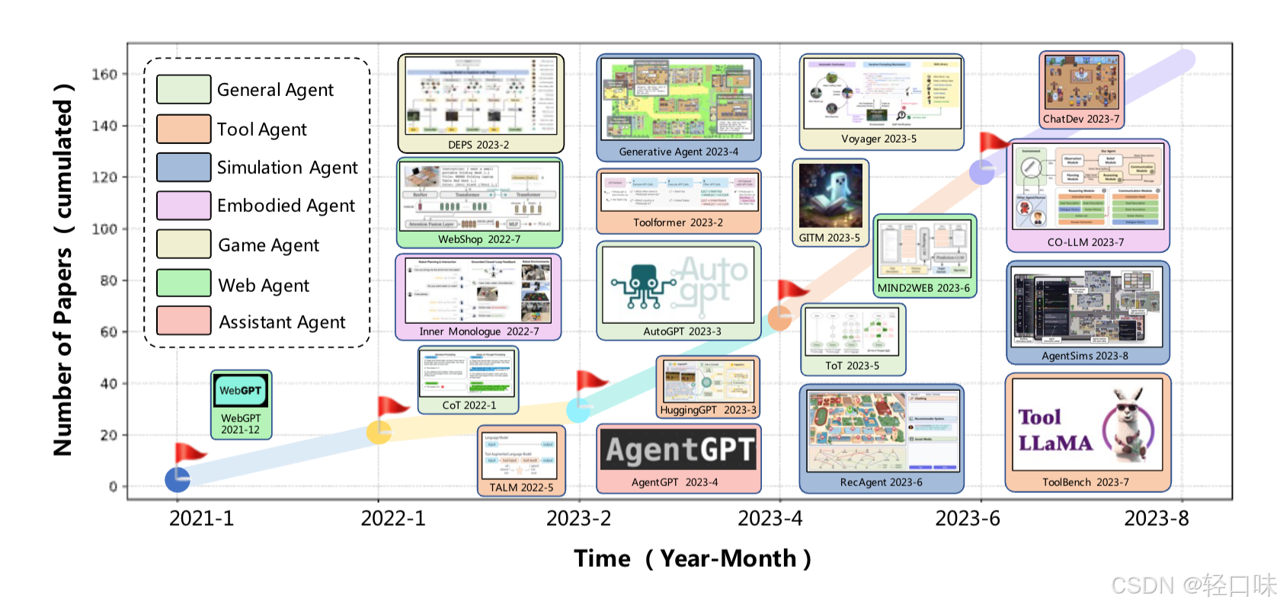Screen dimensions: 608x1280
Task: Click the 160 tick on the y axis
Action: [x=104, y=75]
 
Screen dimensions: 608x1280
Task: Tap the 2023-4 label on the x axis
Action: [x=770, y=519]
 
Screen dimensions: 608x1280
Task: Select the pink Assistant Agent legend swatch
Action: [x=184, y=321]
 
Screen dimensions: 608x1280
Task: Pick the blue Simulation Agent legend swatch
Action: [x=184, y=167]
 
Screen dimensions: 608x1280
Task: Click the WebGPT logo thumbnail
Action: [x=240, y=391]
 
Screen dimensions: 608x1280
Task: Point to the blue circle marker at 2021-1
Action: [x=178, y=479]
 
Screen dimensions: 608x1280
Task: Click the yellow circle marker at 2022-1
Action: [x=379, y=432]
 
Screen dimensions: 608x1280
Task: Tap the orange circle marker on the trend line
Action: [x=779, y=318]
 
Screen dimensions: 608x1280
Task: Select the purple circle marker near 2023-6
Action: [x=981, y=172]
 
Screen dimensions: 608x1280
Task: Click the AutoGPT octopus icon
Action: [x=642, y=286]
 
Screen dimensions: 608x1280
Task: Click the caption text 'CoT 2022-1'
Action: [x=469, y=405]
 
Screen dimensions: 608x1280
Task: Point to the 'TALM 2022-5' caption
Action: [x=521, y=488]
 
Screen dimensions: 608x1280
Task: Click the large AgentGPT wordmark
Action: [x=680, y=450]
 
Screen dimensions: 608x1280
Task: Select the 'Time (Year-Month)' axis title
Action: [x=692, y=558]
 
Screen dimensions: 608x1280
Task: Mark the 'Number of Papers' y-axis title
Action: [x=62, y=270]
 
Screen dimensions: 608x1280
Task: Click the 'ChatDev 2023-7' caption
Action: [x=1080, y=119]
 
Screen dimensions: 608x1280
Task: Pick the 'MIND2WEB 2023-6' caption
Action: [x=923, y=288]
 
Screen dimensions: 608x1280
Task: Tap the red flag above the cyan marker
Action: [x=590, y=380]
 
